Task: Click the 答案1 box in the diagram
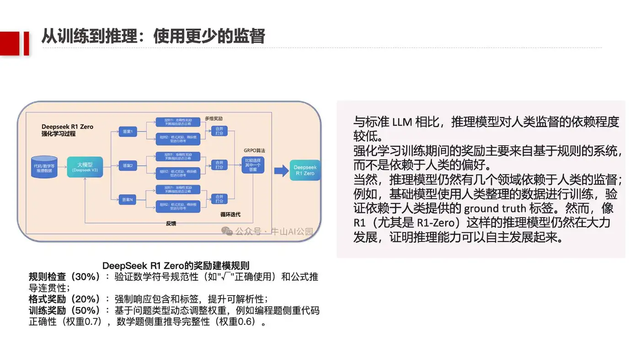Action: click(128, 132)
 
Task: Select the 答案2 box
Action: click(128, 165)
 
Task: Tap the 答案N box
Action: click(128, 199)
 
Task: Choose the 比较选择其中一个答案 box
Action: click(253, 165)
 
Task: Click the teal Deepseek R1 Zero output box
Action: click(305, 170)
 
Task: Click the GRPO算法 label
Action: click(255, 150)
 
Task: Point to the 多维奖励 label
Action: click(213, 119)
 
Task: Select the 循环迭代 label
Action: click(230, 214)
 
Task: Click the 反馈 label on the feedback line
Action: click(171, 223)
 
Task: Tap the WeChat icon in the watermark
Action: click(227, 231)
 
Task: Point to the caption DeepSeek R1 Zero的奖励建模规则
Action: click(176, 265)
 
